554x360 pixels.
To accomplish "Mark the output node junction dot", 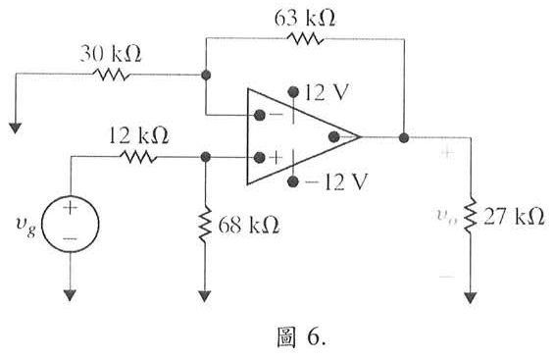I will (402, 136).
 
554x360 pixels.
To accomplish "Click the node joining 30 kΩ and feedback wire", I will (206, 74).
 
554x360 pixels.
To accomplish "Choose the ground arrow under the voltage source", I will (71, 292).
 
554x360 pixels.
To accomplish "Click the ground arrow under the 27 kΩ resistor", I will (472, 294).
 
